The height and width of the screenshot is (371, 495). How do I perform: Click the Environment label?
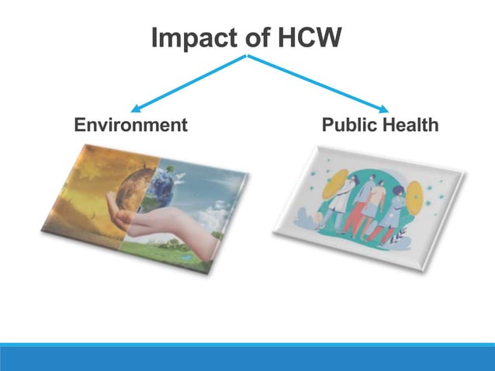pyautogui.click(x=130, y=124)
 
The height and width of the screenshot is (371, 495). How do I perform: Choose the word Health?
pyautogui.click(x=411, y=124)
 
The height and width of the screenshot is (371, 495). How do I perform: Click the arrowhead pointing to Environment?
pyautogui.click(x=135, y=108)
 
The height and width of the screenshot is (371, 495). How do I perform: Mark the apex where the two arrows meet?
pyautogui.click(x=247, y=56)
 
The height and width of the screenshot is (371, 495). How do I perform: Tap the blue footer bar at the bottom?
pyautogui.click(x=247, y=357)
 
